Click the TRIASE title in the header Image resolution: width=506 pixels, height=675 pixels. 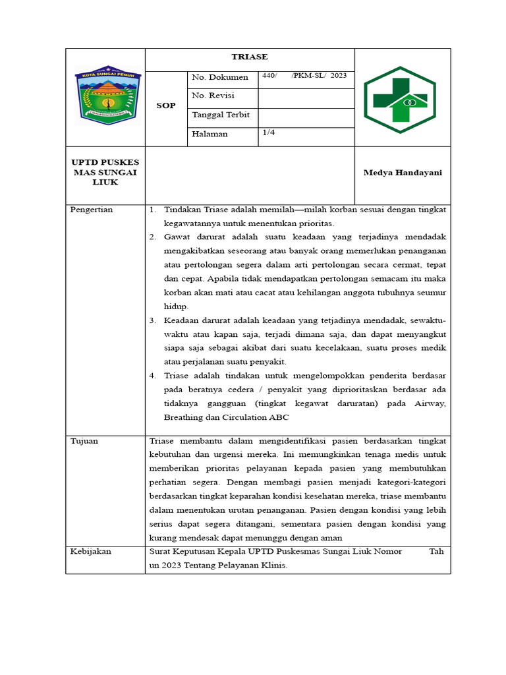[x=249, y=57]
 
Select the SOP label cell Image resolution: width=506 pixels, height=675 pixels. [x=165, y=105]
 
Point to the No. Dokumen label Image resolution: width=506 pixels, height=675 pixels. [x=219, y=78]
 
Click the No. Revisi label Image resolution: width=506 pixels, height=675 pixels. [x=213, y=96]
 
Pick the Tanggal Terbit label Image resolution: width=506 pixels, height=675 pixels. [x=221, y=115]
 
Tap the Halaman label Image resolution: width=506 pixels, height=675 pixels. [x=210, y=134]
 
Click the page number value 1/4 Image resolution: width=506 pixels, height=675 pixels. [x=269, y=132]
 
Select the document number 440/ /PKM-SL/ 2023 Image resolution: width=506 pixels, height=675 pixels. [x=304, y=76]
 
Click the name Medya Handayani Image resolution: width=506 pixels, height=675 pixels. [x=403, y=173]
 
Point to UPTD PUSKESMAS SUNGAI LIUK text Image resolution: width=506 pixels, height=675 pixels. [x=105, y=173]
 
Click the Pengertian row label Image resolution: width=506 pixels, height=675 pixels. [x=92, y=210]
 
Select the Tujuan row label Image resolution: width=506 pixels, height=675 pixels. [x=84, y=441]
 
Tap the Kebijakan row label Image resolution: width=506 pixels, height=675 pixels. [x=90, y=551]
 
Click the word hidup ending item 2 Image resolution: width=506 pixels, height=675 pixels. [x=176, y=307]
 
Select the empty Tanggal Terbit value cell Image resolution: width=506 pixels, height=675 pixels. [x=306, y=117]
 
